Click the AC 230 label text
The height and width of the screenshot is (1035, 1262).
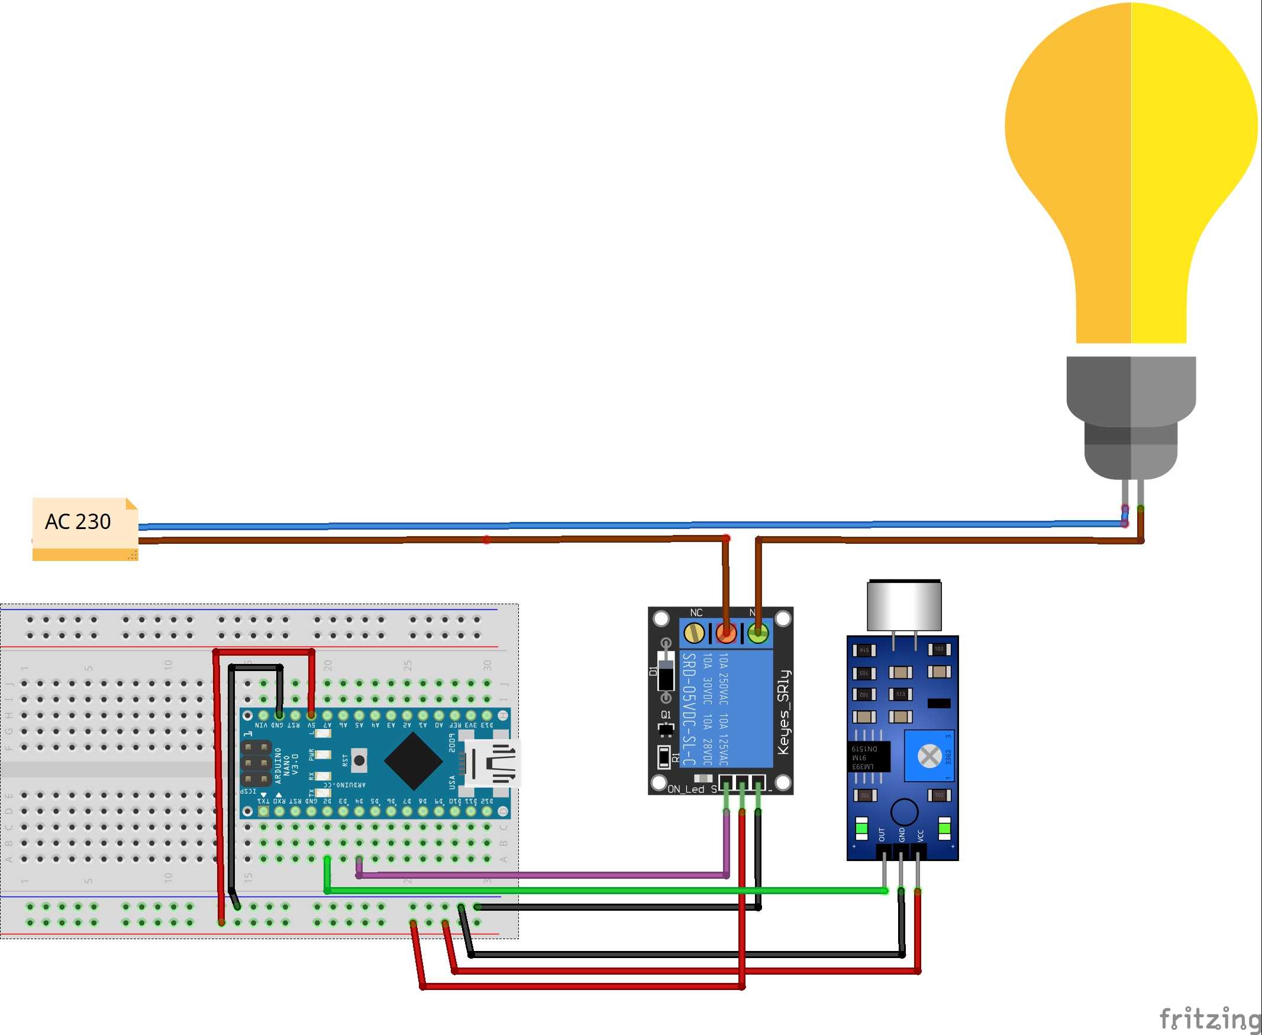point(78,522)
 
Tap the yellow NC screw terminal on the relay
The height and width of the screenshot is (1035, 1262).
point(693,633)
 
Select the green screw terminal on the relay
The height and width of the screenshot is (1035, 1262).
point(758,633)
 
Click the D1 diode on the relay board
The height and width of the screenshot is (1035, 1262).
point(666,671)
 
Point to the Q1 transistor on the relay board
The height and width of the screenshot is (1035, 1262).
point(665,728)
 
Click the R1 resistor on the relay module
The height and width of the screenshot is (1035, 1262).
point(663,757)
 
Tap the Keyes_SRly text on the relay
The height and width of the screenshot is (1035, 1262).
point(783,712)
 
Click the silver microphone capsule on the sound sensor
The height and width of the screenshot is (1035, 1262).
point(904,606)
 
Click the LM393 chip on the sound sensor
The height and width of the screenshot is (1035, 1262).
point(868,757)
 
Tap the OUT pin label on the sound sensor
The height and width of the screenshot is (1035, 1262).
point(882,834)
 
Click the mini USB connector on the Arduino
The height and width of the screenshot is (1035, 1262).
point(493,763)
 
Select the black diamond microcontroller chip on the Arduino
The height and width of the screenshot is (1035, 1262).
point(413,761)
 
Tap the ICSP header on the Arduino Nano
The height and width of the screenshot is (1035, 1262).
point(256,763)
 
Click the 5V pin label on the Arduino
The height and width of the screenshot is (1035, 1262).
point(311,725)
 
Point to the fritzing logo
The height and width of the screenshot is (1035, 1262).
point(1210,1018)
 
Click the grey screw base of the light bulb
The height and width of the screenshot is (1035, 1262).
point(1131,417)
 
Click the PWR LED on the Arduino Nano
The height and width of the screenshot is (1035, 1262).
point(322,755)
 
